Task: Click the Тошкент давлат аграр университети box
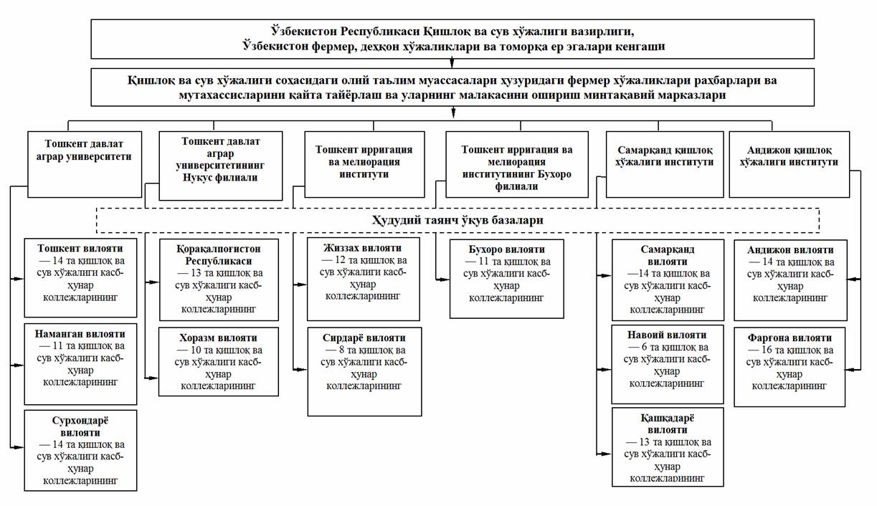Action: click(x=85, y=164)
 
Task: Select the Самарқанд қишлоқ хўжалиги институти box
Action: click(x=665, y=165)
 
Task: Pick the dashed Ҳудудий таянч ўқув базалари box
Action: click(x=457, y=221)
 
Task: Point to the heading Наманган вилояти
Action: click(x=80, y=333)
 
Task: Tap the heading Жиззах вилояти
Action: click(x=363, y=248)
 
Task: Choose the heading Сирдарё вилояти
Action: click(x=364, y=338)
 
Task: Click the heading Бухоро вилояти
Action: click(x=506, y=250)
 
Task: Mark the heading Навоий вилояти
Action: click(x=668, y=335)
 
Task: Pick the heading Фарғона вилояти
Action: click(x=790, y=338)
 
